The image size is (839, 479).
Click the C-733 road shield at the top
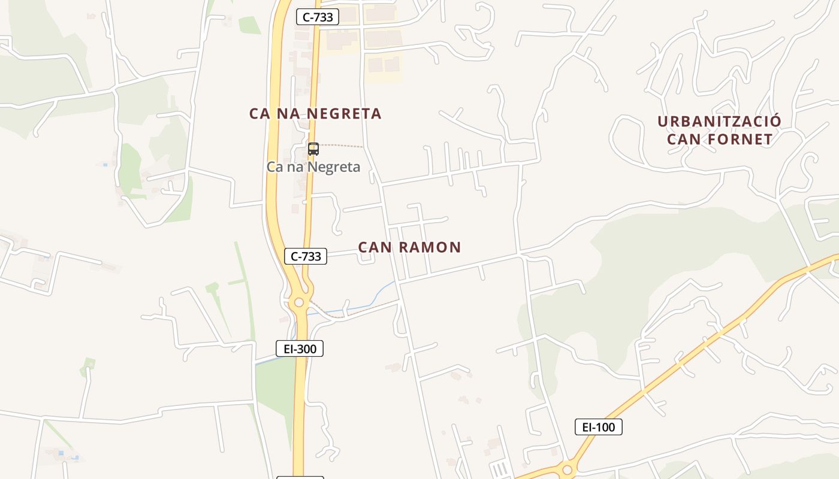pyautogui.click(x=317, y=17)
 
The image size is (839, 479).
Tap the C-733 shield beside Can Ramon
pyautogui.click(x=306, y=256)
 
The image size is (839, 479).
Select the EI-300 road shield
pyautogui.click(x=300, y=348)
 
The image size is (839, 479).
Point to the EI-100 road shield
pyautogui.click(x=598, y=427)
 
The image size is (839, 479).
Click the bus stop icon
pyautogui.click(x=313, y=149)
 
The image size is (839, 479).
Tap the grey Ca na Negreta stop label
pyautogui.click(x=313, y=167)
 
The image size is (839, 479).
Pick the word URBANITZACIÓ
pyautogui.click(x=719, y=122)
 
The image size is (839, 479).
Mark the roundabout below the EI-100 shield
pyautogui.click(x=567, y=470)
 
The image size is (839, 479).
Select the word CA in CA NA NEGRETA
pyautogui.click(x=260, y=114)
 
